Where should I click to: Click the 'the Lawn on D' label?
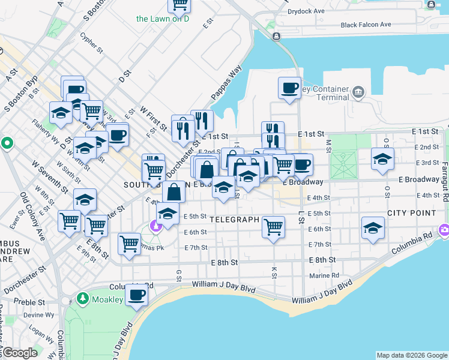coord(162,19)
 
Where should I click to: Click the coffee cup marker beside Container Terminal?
coord(289,88)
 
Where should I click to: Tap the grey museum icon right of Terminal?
coord(359,92)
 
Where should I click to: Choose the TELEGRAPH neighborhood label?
coord(235,220)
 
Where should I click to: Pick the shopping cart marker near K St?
coord(273,227)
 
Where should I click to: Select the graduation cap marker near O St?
coord(382,158)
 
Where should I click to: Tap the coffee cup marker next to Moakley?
coord(137,296)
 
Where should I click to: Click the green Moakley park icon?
coord(82,298)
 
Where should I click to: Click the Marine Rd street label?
coord(325,275)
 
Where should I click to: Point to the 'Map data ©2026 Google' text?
coord(411,355)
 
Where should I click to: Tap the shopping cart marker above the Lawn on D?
coord(179,5)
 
